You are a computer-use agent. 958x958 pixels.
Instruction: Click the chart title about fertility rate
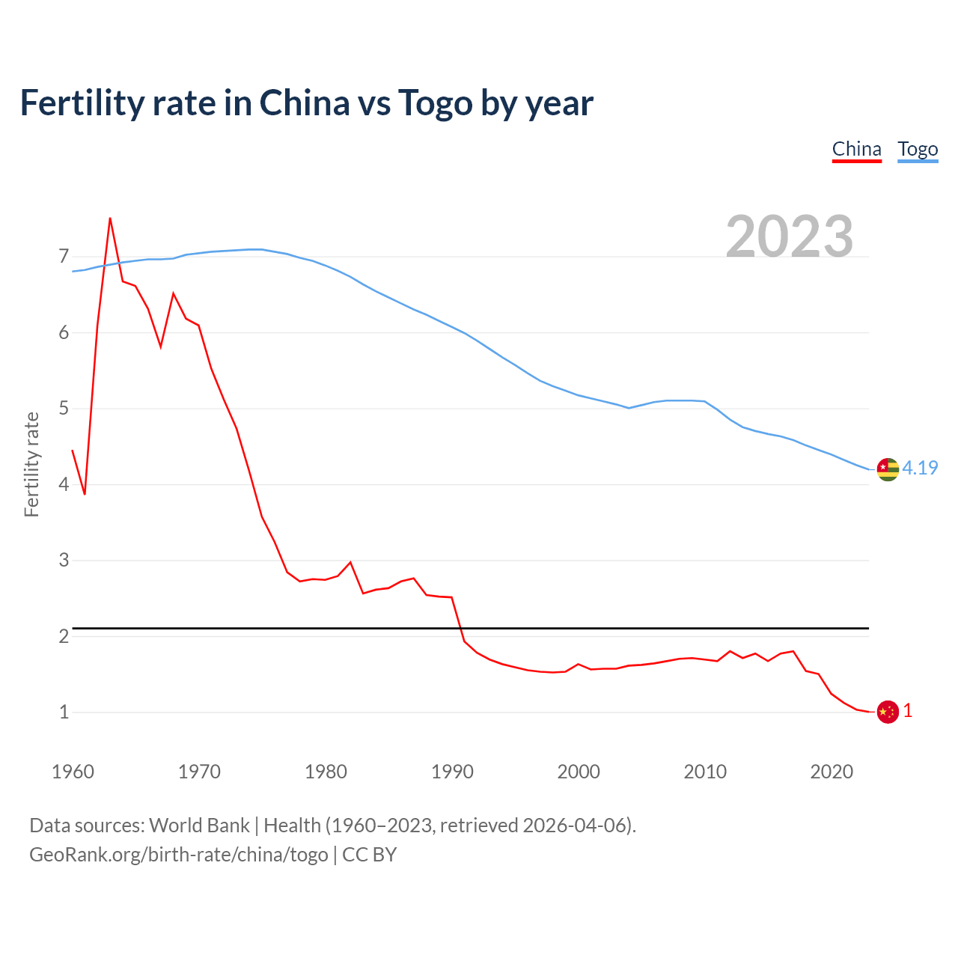click(306, 103)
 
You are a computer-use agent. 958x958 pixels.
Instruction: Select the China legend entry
click(856, 149)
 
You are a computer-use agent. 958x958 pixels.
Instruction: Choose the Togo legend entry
click(918, 149)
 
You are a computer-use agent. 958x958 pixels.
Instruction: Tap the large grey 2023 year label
click(789, 237)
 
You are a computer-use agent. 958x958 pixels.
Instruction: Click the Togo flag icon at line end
click(888, 469)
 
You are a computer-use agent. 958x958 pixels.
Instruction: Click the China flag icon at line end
click(888, 712)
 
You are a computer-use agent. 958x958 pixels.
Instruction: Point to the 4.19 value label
click(920, 468)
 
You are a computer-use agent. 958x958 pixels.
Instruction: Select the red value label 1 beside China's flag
click(908, 711)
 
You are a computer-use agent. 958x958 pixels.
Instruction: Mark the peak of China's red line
click(110, 219)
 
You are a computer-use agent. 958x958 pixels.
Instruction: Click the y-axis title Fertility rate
click(31, 464)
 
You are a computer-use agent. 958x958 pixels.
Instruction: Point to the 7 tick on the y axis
click(64, 257)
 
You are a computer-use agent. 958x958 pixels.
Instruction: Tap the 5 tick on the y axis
click(64, 409)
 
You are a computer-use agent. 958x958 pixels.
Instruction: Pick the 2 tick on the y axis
click(64, 636)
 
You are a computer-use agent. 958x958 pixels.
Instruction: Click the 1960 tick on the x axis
click(73, 772)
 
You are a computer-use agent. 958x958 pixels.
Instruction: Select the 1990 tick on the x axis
click(452, 772)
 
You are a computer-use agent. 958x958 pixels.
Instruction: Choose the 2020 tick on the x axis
click(832, 772)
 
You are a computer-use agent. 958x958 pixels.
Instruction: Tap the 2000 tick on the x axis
click(579, 772)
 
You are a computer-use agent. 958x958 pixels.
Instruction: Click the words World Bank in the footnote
click(199, 826)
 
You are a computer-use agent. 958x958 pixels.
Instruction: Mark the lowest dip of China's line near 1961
click(85, 494)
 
